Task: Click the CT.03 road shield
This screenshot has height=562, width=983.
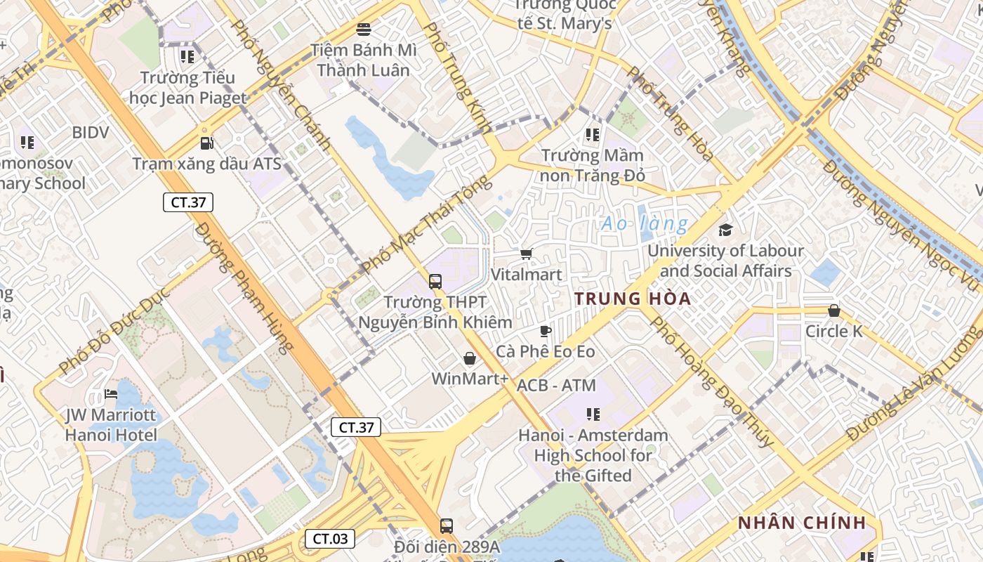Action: click(x=329, y=539)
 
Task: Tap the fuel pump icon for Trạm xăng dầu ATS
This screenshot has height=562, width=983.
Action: click(x=206, y=143)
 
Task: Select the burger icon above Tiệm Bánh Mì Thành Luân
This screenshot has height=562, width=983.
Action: click(x=364, y=30)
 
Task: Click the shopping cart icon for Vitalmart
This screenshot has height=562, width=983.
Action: click(x=527, y=254)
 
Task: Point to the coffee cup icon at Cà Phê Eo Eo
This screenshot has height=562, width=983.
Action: click(x=546, y=331)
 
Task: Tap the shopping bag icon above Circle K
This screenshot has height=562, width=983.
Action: click(x=834, y=310)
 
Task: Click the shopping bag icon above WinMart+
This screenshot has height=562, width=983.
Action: click(x=470, y=358)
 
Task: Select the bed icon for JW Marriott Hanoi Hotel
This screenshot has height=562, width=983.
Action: click(x=111, y=394)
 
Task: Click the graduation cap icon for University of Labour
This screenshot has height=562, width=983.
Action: click(x=725, y=230)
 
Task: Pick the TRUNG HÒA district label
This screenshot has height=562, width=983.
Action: click(x=633, y=299)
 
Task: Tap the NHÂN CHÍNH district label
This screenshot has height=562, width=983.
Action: click(x=802, y=523)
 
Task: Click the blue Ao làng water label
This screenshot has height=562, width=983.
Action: click(x=645, y=224)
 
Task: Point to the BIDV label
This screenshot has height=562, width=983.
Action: click(x=91, y=132)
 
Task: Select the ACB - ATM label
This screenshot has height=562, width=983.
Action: click(x=556, y=385)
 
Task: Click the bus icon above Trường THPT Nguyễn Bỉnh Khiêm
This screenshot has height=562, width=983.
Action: click(x=435, y=282)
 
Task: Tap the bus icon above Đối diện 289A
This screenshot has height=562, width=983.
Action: click(x=446, y=525)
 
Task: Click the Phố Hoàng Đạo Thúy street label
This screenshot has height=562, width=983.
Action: click(x=712, y=381)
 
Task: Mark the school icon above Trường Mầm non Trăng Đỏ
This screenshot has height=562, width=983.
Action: click(x=593, y=134)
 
